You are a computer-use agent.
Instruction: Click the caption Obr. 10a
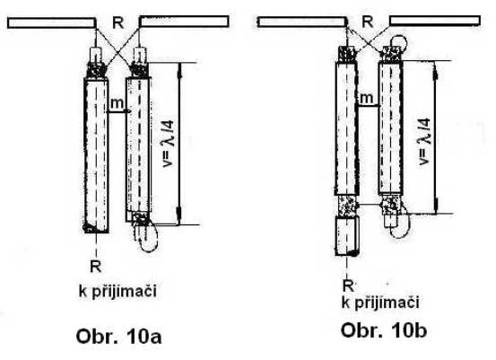(118, 337)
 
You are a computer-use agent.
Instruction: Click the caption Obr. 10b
(384, 330)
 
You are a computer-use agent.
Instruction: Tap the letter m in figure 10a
(117, 103)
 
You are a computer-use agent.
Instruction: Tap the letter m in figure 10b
(366, 98)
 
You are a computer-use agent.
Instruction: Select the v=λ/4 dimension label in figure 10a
(168, 144)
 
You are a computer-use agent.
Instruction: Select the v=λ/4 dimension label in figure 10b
(424, 142)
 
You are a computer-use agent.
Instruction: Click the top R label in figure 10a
(118, 22)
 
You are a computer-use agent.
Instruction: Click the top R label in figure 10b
(367, 22)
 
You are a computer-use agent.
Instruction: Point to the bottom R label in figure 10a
(96, 267)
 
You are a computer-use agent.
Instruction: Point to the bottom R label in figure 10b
(348, 285)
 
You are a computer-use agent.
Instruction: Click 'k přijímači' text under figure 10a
(117, 291)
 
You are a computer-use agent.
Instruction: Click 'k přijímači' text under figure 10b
(380, 303)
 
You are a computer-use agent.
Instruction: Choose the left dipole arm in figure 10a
(52, 23)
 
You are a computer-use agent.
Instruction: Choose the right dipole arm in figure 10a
(184, 22)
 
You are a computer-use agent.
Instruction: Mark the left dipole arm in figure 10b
(301, 22)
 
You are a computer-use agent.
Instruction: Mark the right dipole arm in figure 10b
(435, 21)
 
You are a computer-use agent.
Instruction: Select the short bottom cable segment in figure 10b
(347, 235)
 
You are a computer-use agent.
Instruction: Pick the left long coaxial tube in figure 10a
(96, 155)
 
